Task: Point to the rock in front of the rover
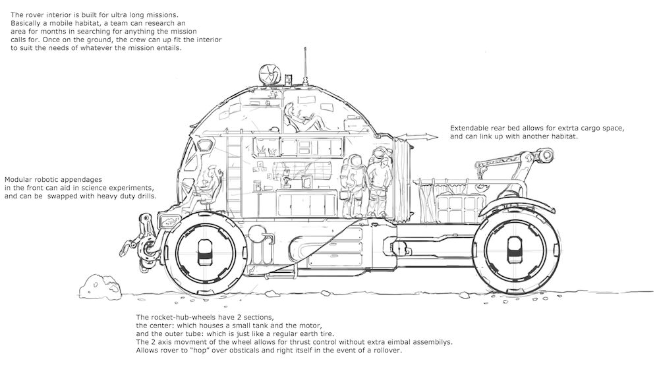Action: tap(94, 285)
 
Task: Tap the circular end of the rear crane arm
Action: tap(546, 155)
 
